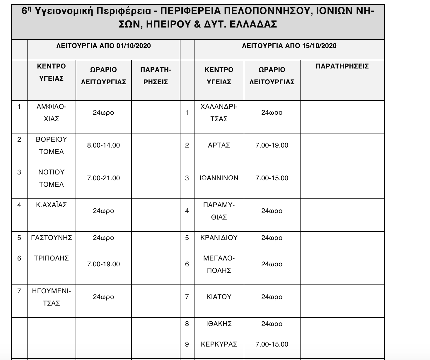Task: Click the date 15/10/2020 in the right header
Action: point(319,46)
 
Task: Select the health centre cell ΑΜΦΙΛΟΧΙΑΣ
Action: point(51,113)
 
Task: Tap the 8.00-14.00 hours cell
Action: point(103,145)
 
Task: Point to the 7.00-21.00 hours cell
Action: point(103,178)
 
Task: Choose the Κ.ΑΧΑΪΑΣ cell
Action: point(51,205)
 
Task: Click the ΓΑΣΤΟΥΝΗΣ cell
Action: point(51,238)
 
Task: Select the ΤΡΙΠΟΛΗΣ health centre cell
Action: point(51,258)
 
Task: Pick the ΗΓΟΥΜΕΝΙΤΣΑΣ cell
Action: point(51,297)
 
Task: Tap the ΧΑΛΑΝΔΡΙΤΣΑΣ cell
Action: point(219,113)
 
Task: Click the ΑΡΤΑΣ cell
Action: point(219,145)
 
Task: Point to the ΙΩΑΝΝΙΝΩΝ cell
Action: point(219,178)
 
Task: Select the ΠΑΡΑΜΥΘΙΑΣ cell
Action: point(219,211)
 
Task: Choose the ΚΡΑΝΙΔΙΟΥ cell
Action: point(219,238)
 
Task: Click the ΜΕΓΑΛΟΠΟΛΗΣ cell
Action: point(219,264)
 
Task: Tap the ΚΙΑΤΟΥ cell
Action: point(219,297)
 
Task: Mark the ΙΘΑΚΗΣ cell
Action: point(219,324)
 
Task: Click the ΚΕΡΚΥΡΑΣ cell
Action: point(219,344)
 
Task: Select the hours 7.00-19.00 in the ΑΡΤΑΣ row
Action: point(272,145)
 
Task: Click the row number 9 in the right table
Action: point(187,344)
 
